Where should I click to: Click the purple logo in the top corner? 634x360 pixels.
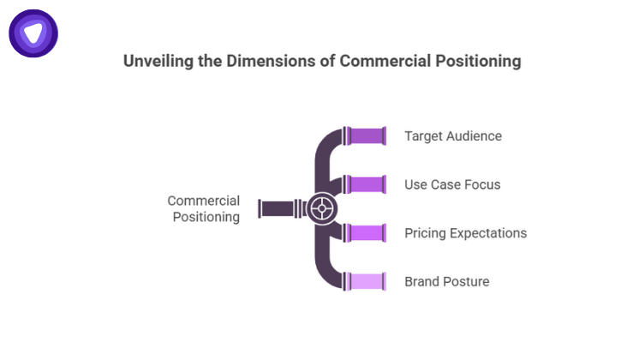pyautogui.click(x=33, y=33)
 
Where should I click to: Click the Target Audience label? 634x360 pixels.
pyautogui.click(x=452, y=136)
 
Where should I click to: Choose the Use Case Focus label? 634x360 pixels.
pyautogui.click(x=452, y=184)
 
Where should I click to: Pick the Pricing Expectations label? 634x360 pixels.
pyautogui.click(x=465, y=233)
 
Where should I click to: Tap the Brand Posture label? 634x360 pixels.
pyautogui.click(x=446, y=281)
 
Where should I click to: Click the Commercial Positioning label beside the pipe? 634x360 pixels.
pyautogui.click(x=204, y=208)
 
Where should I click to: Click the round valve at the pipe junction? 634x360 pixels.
pyautogui.click(x=322, y=208)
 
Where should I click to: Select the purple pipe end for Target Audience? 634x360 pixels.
pyautogui.click(x=367, y=136)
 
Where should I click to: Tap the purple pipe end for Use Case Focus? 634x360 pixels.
pyautogui.click(x=367, y=184)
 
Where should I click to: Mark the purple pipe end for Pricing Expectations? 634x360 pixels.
pyautogui.click(x=367, y=232)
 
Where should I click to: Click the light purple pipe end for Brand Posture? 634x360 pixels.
pyautogui.click(x=367, y=281)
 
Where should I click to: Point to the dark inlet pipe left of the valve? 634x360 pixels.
pyautogui.click(x=279, y=208)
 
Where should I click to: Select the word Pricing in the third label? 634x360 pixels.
pyautogui.click(x=425, y=233)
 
